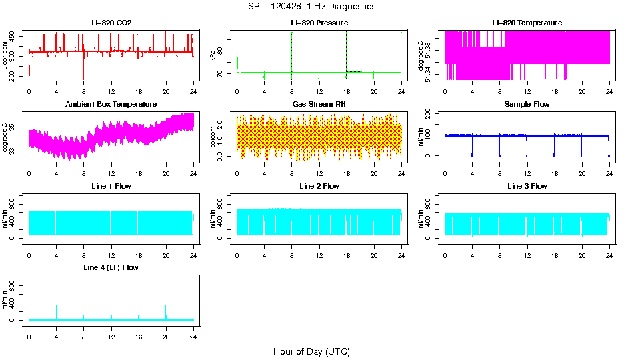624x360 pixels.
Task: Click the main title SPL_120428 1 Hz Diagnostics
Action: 311,7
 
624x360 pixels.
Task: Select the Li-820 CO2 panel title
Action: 111,23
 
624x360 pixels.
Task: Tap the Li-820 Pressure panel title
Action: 319,23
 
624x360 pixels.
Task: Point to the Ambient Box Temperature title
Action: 111,104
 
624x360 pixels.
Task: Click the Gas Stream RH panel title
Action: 319,104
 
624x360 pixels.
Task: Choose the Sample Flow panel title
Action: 527,104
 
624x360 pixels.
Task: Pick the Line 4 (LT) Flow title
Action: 111,267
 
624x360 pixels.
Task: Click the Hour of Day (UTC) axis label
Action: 311,351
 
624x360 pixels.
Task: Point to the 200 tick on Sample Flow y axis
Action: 430,113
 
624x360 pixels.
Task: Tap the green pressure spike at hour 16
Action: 347,47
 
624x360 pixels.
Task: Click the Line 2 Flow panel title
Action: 319,186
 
